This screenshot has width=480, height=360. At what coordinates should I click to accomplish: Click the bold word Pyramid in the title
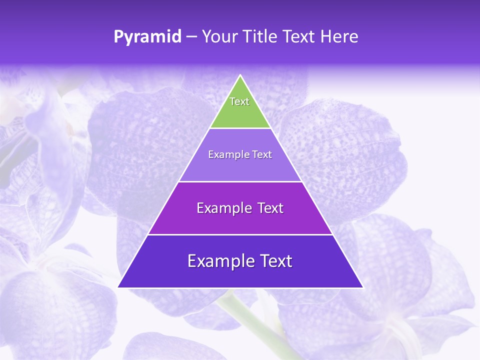tap(147, 37)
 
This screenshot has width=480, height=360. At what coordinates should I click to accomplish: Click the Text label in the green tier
tap(239, 101)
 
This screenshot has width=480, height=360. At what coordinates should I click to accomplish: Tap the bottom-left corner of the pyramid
tap(118, 287)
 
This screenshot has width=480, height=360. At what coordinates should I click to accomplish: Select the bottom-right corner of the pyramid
tap(362, 287)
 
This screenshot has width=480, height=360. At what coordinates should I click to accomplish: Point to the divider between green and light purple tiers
tap(240, 128)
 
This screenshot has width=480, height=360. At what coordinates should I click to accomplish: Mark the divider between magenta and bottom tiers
tap(240, 234)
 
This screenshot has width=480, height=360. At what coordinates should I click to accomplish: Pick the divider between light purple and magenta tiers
tap(240, 181)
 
